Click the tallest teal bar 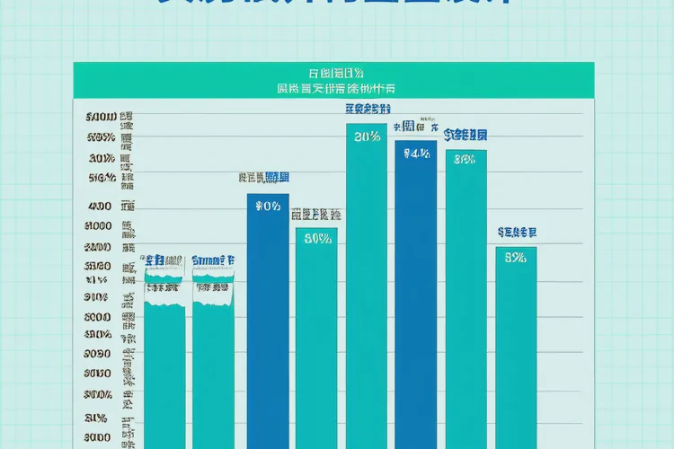pos(367,287)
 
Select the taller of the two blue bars pos(416,296)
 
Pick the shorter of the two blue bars pos(268,323)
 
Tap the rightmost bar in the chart pos(516,350)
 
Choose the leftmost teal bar pos(164,368)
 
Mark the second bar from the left pos(213,368)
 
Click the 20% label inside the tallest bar pos(367,137)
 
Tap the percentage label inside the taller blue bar pos(416,154)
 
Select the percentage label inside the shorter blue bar pos(268,207)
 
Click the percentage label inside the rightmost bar pos(516,259)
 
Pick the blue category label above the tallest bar pos(366,110)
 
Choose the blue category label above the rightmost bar pos(517,233)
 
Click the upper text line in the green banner pos(336,72)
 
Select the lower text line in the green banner pos(336,89)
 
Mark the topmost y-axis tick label pos(101,118)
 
